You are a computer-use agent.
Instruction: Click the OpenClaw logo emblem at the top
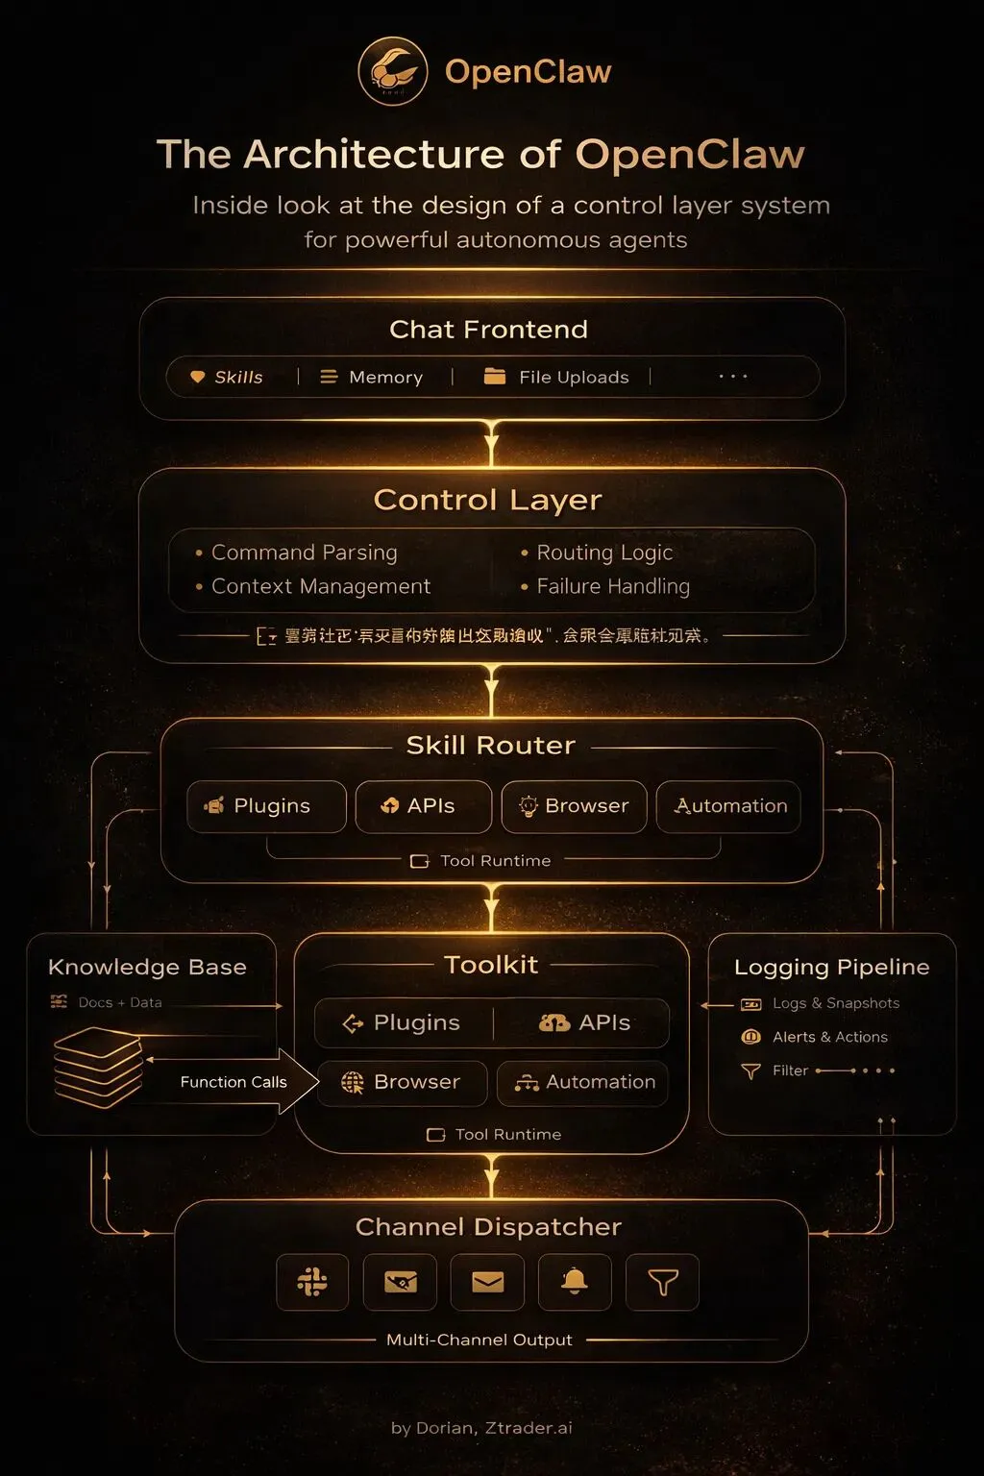pos(392,71)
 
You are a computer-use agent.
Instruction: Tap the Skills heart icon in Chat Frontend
pos(197,377)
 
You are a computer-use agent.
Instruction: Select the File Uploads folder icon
pos(495,377)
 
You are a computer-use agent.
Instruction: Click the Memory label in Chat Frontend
pos(385,378)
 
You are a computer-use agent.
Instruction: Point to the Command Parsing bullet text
pos(304,553)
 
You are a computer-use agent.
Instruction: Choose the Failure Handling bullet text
pos(613,586)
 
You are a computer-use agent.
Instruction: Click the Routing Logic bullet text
pos(604,553)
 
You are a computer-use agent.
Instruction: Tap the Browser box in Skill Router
pos(574,806)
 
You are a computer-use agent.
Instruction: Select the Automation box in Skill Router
pos(728,806)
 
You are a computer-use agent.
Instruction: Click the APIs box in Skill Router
pos(423,806)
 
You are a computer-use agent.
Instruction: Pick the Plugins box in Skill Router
pos(266,806)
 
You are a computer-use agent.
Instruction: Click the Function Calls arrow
pos(234,1082)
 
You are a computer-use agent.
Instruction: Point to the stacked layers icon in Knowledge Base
pos(97,1066)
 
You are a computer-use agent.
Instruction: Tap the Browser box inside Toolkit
pos(403,1083)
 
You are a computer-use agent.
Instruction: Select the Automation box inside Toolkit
pos(583,1083)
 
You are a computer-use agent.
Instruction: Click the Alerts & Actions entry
pos(829,1037)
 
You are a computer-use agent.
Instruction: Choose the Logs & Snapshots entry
pos(835,1003)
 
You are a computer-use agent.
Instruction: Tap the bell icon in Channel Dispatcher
pos(575,1281)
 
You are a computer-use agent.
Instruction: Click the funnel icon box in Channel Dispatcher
pos(662,1281)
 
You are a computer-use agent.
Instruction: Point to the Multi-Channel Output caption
pos(479,1340)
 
